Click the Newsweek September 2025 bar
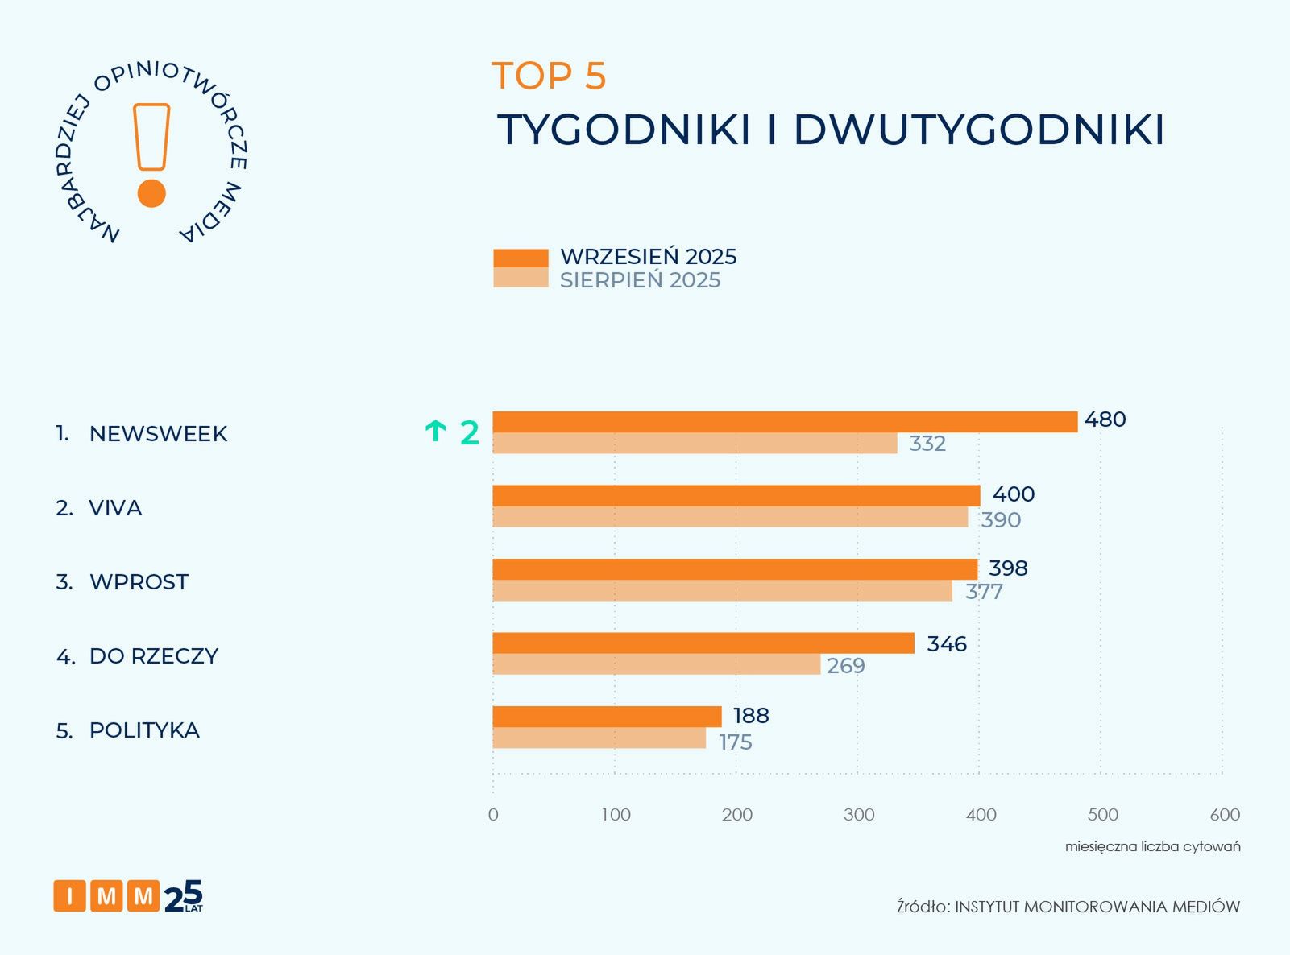785,422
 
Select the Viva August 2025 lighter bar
730,517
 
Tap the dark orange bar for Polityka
607,717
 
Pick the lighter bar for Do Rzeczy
656,664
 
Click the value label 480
1105,420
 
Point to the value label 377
984,592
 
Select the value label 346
946,644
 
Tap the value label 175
735,742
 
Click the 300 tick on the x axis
859,815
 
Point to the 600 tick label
1225,815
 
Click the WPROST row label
139,582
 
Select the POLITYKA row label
144,730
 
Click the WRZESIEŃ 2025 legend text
648,257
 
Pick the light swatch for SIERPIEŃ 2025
521,278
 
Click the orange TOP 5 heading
549,76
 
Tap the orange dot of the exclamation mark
151,193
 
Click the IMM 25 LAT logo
128,895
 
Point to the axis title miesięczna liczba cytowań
1152,846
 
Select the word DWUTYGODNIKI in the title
979,130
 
